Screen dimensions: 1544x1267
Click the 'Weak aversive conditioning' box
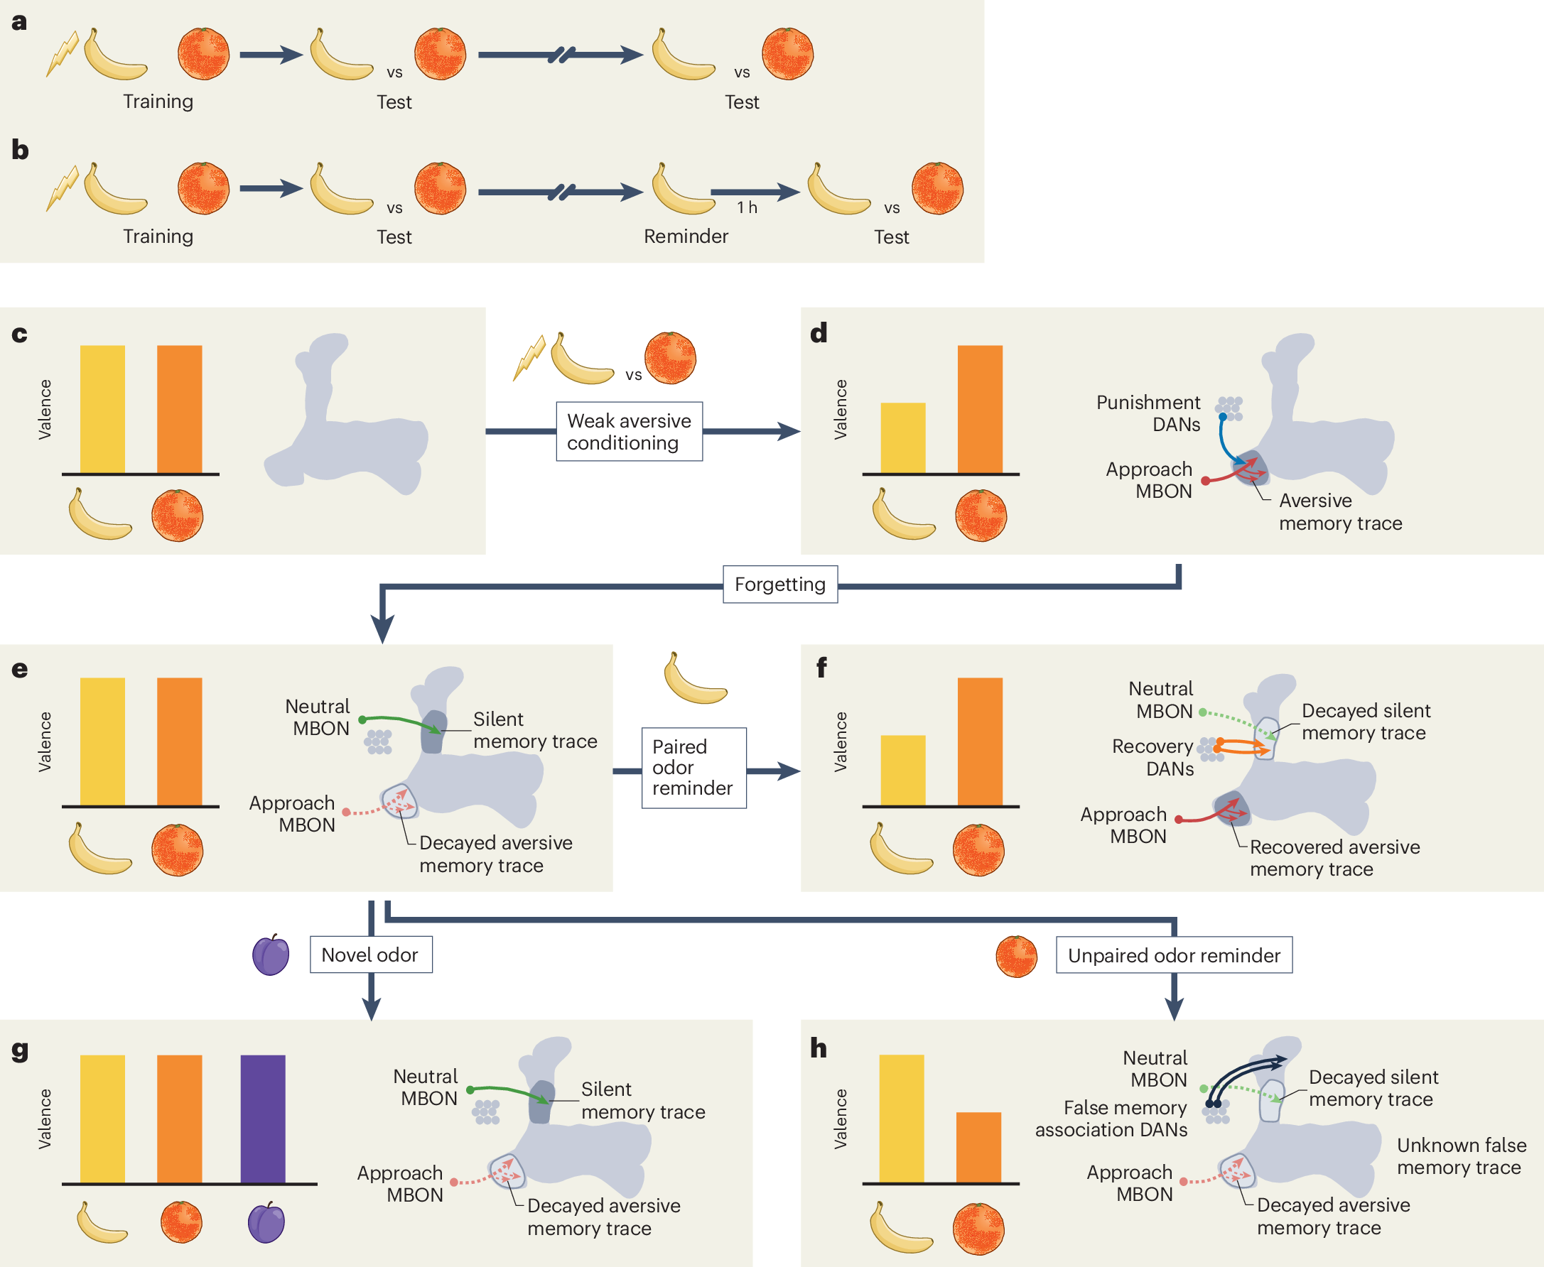click(630, 431)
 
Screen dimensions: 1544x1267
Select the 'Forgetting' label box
click(780, 584)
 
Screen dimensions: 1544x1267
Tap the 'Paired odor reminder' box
click(694, 768)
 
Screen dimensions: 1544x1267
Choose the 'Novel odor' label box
click(371, 955)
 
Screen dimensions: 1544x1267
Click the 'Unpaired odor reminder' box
click(1174, 955)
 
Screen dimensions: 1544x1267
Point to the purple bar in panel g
click(263, 1119)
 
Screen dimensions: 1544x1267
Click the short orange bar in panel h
click(978, 1147)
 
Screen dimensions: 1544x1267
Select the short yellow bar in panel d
click(903, 438)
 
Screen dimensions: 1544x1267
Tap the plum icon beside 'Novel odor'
click(271, 955)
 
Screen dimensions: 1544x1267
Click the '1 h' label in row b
click(747, 208)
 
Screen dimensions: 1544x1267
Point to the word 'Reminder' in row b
click(686, 236)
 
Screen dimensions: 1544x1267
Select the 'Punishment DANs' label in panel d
click(1148, 413)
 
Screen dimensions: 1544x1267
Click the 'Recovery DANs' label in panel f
click(1152, 758)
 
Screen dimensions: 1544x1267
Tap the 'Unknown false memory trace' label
click(1461, 1156)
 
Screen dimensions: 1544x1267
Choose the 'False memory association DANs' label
click(1111, 1119)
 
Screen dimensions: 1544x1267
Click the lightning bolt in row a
click(63, 53)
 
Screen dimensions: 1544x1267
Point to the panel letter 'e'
click(20, 669)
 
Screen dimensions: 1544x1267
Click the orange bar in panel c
click(180, 410)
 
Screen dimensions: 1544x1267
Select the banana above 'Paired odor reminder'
click(695, 678)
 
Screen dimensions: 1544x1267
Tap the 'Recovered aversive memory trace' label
click(1334, 857)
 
